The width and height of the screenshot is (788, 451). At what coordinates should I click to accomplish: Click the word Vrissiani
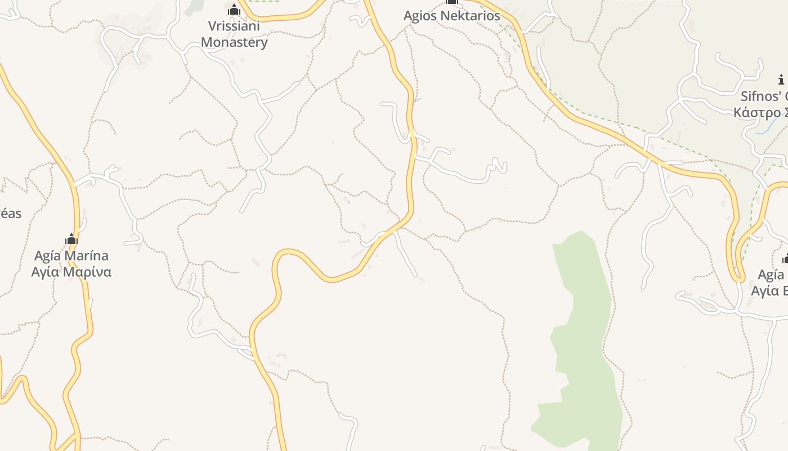[x=234, y=26]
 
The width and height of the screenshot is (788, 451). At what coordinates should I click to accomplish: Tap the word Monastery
[x=234, y=42]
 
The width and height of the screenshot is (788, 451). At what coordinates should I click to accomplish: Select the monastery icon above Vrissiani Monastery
[x=234, y=10]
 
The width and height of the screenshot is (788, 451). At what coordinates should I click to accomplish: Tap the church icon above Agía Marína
[x=71, y=240]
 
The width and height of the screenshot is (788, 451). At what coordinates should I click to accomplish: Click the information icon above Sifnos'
[x=781, y=79]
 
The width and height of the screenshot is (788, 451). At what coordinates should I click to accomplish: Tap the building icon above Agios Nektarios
[x=451, y=2]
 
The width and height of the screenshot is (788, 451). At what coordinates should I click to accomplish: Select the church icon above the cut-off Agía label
[x=785, y=259]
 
